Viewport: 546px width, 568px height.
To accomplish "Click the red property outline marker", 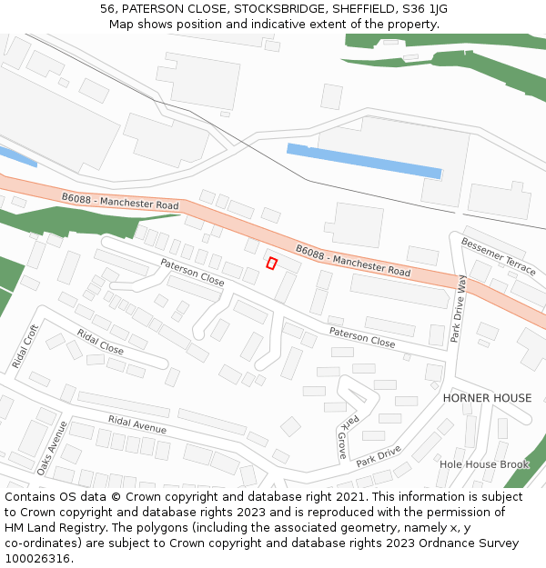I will point(271,264).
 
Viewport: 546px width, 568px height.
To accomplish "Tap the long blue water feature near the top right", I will point(364,161).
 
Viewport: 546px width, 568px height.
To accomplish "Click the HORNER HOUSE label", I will point(487,398).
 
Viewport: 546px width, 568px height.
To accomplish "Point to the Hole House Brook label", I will point(484,464).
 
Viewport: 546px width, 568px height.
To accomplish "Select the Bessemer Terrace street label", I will point(499,255).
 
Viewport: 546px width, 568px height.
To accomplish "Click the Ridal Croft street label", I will point(25,346).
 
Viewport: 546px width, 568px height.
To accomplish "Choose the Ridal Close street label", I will point(100,343).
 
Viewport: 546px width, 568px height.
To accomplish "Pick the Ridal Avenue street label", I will point(136,424).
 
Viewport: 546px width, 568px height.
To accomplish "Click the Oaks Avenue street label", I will point(51,448).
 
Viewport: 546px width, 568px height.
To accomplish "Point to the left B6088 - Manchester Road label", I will point(120,202).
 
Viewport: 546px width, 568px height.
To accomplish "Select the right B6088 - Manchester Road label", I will point(353,259).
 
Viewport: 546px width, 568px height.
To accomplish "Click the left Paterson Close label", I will point(192,272).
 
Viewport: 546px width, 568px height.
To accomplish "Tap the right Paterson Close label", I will point(362,337).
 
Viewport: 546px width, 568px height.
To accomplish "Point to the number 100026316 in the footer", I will point(38,559).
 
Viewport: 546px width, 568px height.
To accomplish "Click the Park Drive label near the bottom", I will point(379,456).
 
